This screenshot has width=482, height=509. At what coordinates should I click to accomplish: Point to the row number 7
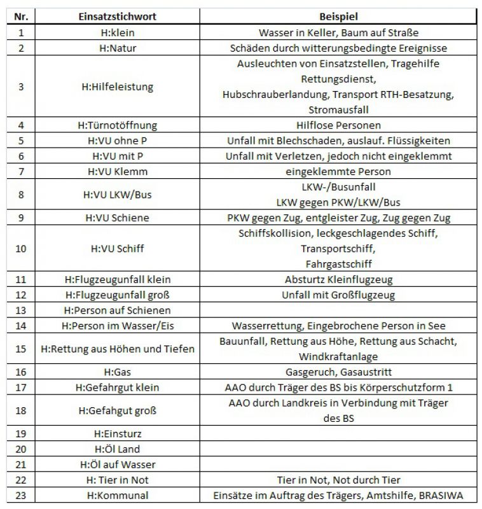pyautogui.click(x=20, y=172)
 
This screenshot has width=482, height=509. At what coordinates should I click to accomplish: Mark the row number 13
pyautogui.click(x=20, y=310)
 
